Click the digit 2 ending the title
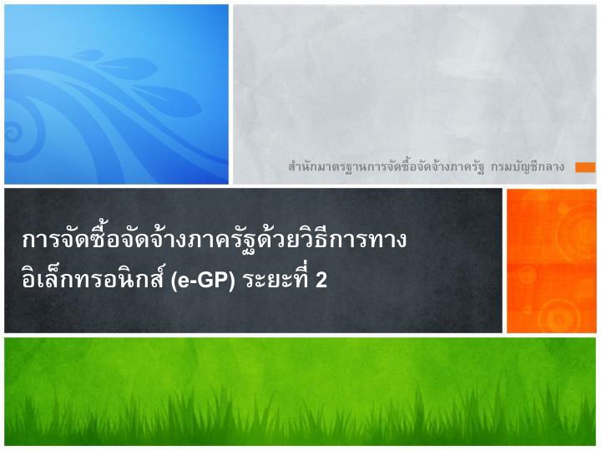[321, 280]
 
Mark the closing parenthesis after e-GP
[231, 281]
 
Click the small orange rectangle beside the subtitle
[585, 167]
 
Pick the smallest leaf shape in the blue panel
[88, 55]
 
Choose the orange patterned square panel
[552, 261]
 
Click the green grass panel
[300, 391]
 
